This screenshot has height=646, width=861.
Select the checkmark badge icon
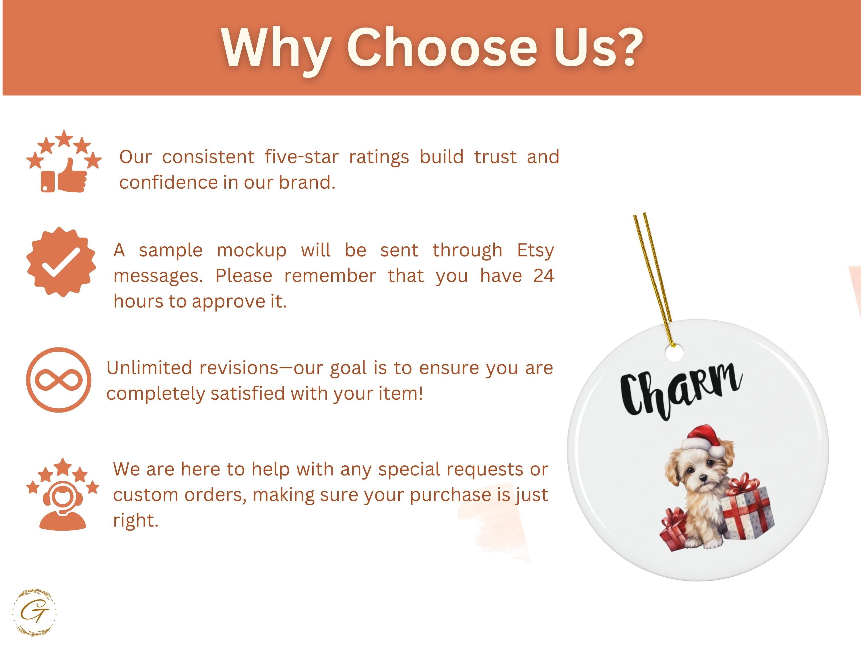(x=61, y=262)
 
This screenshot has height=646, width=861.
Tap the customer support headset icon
(x=63, y=505)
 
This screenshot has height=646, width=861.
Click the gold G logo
(x=34, y=612)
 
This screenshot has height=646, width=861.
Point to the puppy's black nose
(x=703, y=477)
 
